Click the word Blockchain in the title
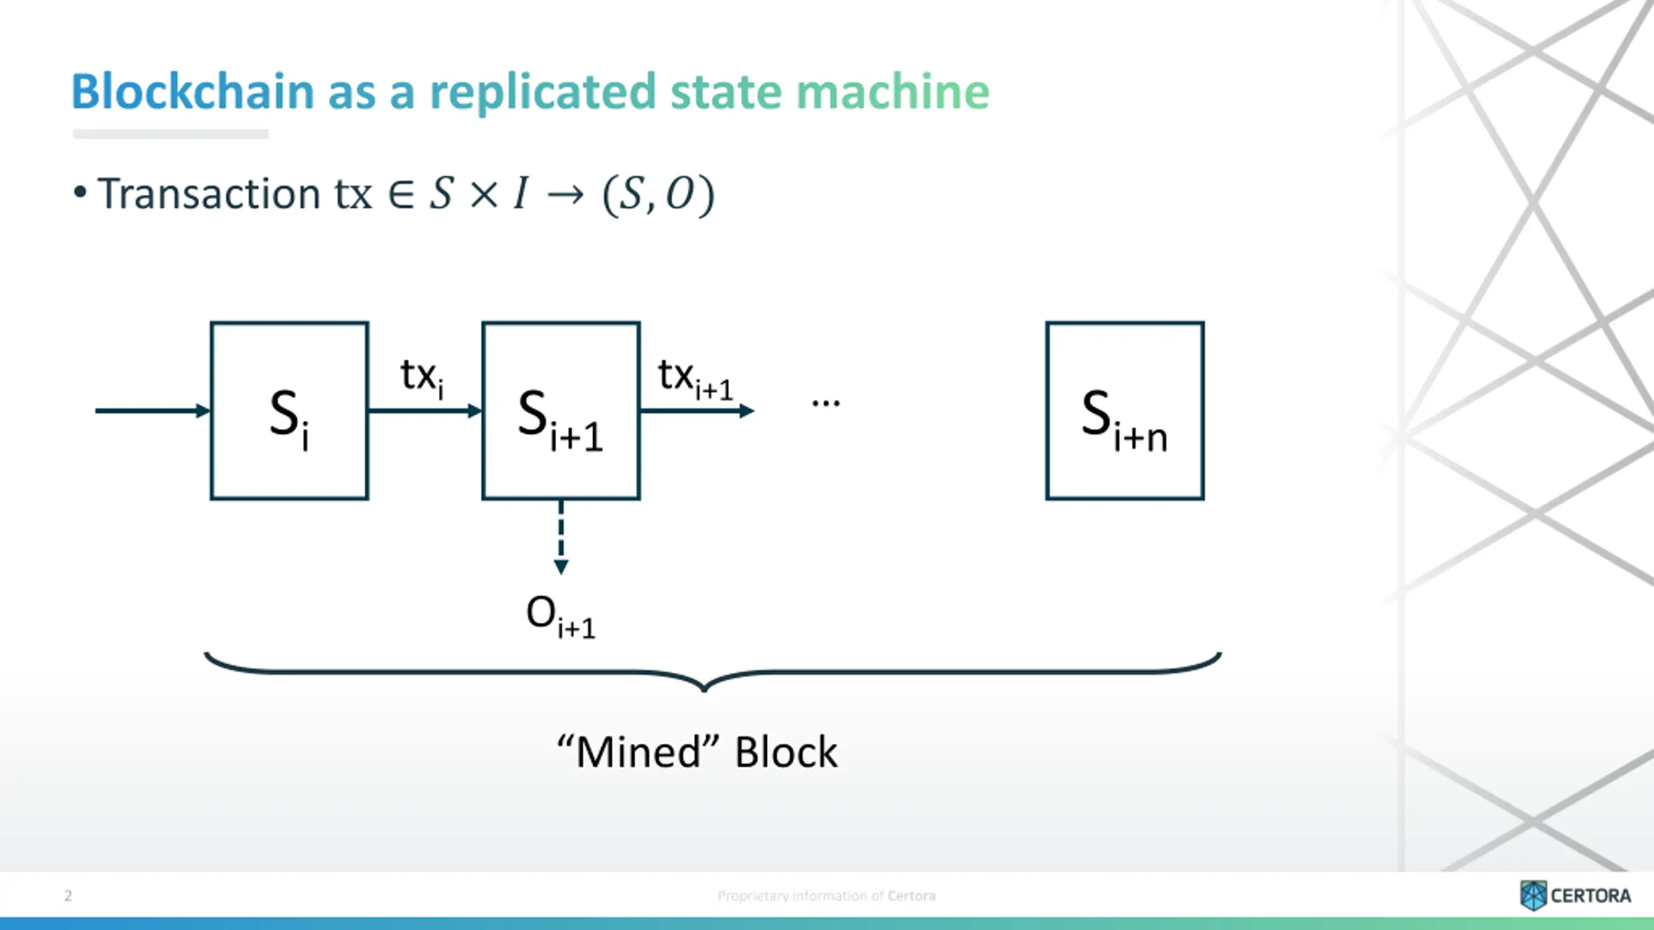[x=192, y=91]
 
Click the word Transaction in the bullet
[x=209, y=194]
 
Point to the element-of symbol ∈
[x=401, y=194]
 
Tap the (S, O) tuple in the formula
[x=658, y=195]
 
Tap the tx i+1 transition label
[x=696, y=378]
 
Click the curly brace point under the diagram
[x=704, y=690]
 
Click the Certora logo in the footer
[x=1575, y=895]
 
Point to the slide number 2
[x=68, y=895]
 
